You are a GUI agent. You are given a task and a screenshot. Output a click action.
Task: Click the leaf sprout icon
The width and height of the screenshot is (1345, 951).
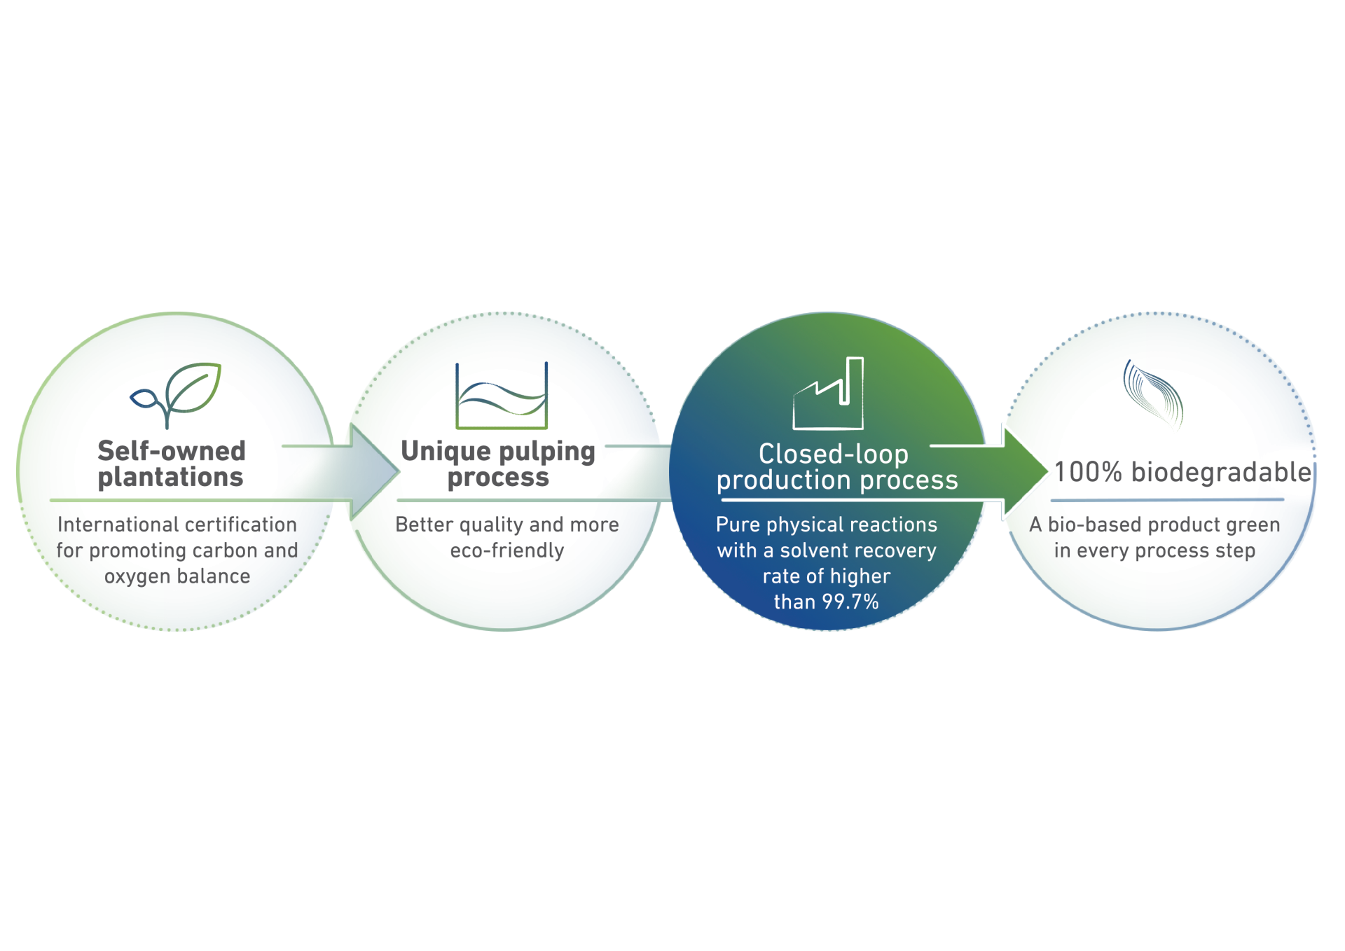(x=176, y=394)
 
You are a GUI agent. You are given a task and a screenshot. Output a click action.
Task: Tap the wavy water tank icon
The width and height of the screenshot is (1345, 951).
(x=502, y=396)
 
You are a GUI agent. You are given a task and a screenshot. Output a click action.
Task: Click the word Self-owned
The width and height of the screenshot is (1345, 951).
(x=172, y=451)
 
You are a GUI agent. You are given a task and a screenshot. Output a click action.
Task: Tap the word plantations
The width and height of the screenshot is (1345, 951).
(x=171, y=478)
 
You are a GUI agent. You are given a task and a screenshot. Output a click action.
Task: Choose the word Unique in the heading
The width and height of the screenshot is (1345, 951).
(x=446, y=452)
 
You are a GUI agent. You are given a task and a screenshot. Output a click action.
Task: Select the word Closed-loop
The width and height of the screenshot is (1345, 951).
(x=834, y=454)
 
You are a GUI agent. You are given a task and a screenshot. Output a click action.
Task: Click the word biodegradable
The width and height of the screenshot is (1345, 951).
(x=1221, y=473)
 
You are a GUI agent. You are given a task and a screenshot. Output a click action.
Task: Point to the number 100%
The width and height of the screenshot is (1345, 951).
(x=1089, y=473)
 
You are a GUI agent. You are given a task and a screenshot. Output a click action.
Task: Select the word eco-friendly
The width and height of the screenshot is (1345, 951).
(x=507, y=551)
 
